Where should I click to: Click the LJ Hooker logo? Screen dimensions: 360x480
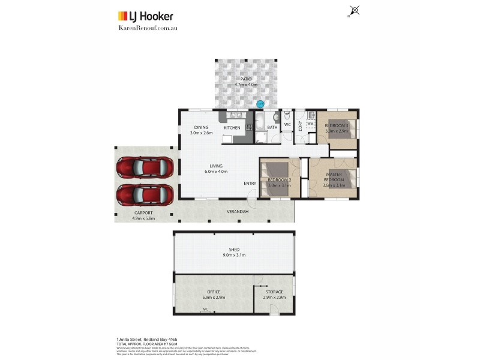coord(145,16)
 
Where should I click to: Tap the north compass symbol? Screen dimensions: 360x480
coord(355,10)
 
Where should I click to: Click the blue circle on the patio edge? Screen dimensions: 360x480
coord(260,104)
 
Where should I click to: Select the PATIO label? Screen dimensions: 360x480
coord(246,79)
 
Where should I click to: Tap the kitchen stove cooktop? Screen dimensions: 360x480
coord(248,128)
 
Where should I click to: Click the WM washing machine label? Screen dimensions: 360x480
coord(310,124)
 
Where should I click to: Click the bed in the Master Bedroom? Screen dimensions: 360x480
coord(345,178)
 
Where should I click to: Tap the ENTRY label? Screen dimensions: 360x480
coord(250,183)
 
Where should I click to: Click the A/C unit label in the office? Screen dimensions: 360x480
coord(205,310)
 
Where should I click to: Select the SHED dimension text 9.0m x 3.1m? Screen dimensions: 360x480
coord(233,255)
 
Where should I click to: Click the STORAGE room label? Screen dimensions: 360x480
coord(274,292)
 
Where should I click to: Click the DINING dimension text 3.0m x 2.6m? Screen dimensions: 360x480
coord(201,133)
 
